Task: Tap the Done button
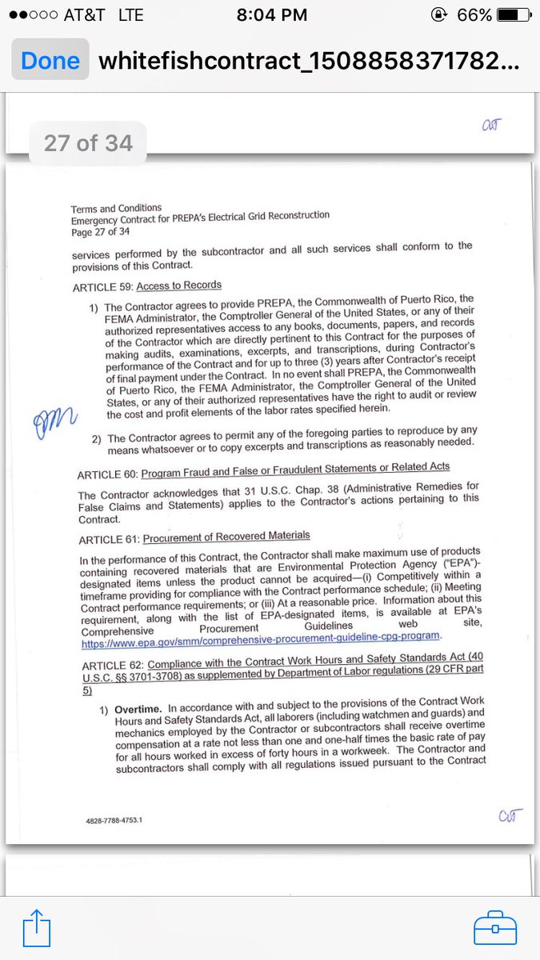(x=50, y=62)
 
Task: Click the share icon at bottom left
(x=37, y=929)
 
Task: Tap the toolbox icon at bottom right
(x=495, y=929)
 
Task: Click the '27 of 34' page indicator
(x=88, y=143)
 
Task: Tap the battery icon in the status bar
(x=513, y=15)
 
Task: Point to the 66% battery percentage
(x=475, y=15)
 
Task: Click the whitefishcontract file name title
(x=309, y=62)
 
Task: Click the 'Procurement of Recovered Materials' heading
(x=226, y=536)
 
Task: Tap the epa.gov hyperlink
(x=261, y=636)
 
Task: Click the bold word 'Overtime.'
(x=138, y=709)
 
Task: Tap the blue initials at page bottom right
(x=510, y=816)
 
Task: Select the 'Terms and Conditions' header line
(x=116, y=209)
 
